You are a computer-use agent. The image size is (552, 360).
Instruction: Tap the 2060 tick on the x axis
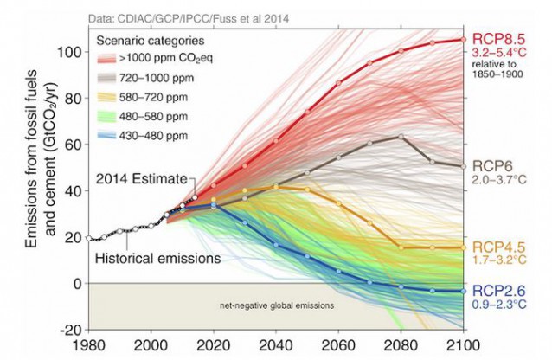tap(338, 345)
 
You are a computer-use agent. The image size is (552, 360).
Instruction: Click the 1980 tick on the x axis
tap(90, 345)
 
